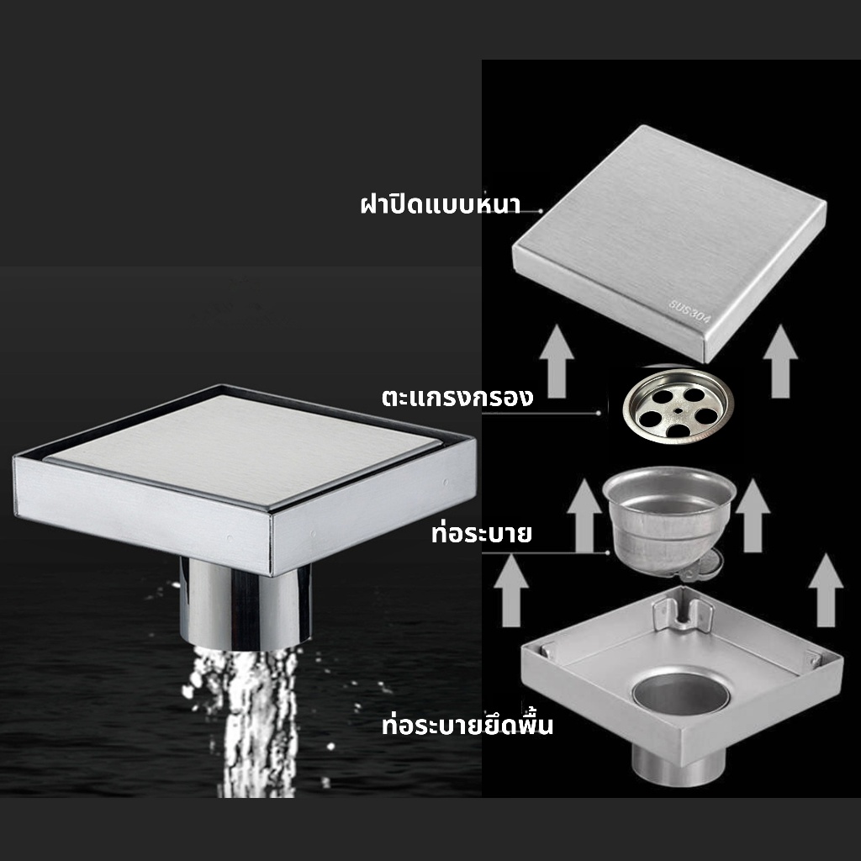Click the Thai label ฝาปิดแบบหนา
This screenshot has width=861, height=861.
(x=441, y=203)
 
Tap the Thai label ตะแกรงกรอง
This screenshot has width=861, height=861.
(x=457, y=397)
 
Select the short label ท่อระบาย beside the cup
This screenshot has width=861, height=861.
(x=481, y=532)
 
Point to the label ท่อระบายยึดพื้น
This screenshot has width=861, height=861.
(x=467, y=724)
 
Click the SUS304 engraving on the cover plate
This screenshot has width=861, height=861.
(x=689, y=311)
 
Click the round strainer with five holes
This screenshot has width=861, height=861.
(x=679, y=404)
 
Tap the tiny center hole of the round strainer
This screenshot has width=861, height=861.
(x=679, y=409)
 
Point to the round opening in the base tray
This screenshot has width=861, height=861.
(x=680, y=695)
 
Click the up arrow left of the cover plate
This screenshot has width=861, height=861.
(x=557, y=361)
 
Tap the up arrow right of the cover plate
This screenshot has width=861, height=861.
(x=780, y=361)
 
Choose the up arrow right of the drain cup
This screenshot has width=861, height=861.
(x=753, y=515)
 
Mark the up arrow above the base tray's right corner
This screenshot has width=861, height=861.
(x=826, y=589)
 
